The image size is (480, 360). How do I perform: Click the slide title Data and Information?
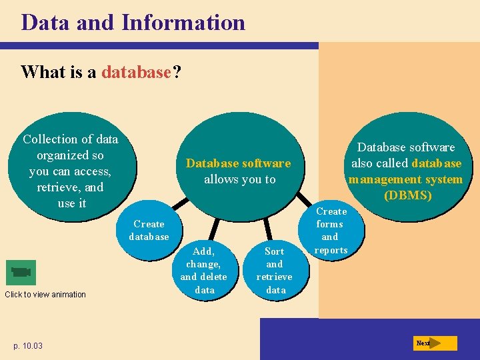click(x=133, y=23)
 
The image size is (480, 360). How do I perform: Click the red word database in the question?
click(x=136, y=72)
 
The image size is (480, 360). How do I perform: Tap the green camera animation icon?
click(x=21, y=272)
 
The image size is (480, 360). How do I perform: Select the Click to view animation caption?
click(x=45, y=295)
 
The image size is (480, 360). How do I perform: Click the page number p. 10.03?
click(x=27, y=345)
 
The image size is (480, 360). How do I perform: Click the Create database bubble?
click(x=149, y=231)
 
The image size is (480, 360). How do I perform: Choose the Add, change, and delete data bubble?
click(x=204, y=270)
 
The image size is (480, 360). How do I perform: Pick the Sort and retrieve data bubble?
click(x=275, y=270)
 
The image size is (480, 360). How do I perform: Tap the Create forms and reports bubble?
click(x=331, y=231)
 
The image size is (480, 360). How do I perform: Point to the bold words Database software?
click(x=238, y=163)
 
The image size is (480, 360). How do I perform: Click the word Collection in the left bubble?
click(x=49, y=139)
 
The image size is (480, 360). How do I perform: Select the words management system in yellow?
click(x=405, y=179)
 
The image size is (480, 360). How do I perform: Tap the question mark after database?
click(x=176, y=72)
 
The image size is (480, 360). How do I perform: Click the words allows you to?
click(x=239, y=179)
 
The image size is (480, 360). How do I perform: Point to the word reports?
click(x=331, y=250)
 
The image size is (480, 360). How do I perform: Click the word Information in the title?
click(x=183, y=23)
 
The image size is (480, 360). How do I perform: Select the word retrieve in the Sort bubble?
click(x=274, y=277)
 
